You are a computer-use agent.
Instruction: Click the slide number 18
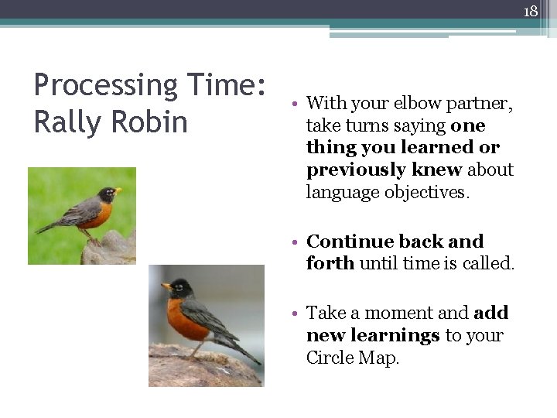pos(531,11)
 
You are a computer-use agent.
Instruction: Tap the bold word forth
pos(330,263)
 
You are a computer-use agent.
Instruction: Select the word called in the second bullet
pos(487,263)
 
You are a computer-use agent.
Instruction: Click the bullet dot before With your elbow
pos(297,104)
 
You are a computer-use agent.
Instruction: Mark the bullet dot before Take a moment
pos(297,313)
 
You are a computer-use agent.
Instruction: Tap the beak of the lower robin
pos(166,287)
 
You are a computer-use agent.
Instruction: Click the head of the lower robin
pos(179,288)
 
